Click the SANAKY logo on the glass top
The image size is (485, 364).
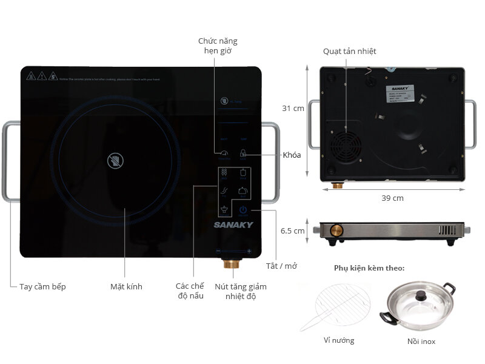coord(233,224)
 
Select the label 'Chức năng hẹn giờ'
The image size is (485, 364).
coord(218,46)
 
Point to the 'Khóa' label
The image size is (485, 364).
coord(292,155)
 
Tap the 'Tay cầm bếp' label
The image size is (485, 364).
coord(42,286)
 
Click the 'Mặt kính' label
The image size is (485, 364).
coord(126,286)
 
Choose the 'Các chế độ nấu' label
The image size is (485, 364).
coord(190,291)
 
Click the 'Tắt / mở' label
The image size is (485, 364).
coord(281,266)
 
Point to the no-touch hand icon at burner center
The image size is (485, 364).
coord(115,160)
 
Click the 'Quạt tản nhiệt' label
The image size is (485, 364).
coord(349,52)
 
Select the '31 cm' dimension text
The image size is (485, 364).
coord(293,109)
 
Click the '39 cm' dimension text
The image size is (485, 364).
coord(393,198)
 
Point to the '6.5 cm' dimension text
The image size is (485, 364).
coord(292,231)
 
